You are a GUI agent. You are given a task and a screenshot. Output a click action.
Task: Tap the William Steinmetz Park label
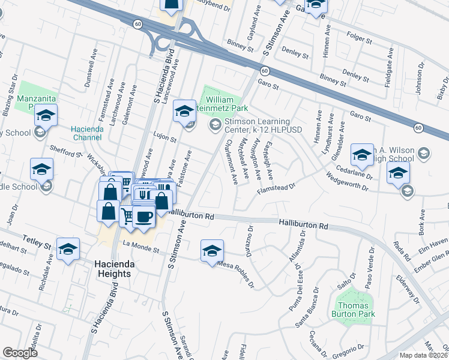point(227,104)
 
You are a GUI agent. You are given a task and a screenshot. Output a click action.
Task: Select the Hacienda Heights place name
point(112,269)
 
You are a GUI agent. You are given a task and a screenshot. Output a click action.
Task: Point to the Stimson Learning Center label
point(262,125)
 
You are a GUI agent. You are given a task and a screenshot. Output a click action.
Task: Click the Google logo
point(20,353)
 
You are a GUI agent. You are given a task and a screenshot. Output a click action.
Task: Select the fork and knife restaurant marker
point(143,194)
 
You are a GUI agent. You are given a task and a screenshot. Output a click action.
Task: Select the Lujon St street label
point(164,139)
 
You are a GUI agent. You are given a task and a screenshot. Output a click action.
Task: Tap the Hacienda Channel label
point(89,133)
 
